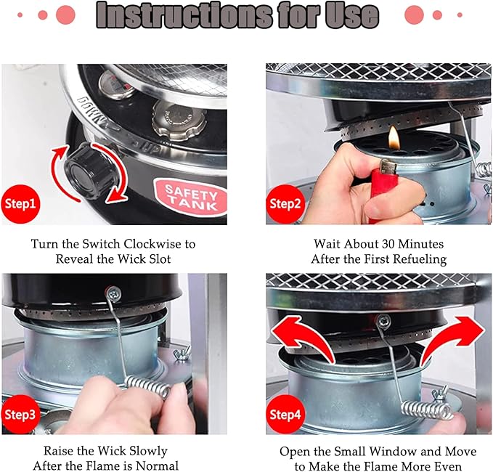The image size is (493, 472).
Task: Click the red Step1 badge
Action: (x=21, y=204)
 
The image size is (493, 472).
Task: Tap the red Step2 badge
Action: (x=285, y=204)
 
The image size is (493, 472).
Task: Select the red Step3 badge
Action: (x=21, y=415)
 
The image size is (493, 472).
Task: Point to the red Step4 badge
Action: (x=285, y=415)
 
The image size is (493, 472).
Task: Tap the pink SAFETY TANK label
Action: (x=191, y=198)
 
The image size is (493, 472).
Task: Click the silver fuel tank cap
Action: (x=179, y=121)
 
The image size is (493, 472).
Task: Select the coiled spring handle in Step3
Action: (x=148, y=387)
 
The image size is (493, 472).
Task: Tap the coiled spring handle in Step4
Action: (x=427, y=410)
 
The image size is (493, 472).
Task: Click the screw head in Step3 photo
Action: (x=113, y=293)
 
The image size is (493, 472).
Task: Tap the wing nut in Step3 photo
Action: (x=182, y=353)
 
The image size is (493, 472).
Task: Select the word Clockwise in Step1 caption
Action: (x=153, y=244)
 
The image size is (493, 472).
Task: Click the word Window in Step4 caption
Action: (x=390, y=452)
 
